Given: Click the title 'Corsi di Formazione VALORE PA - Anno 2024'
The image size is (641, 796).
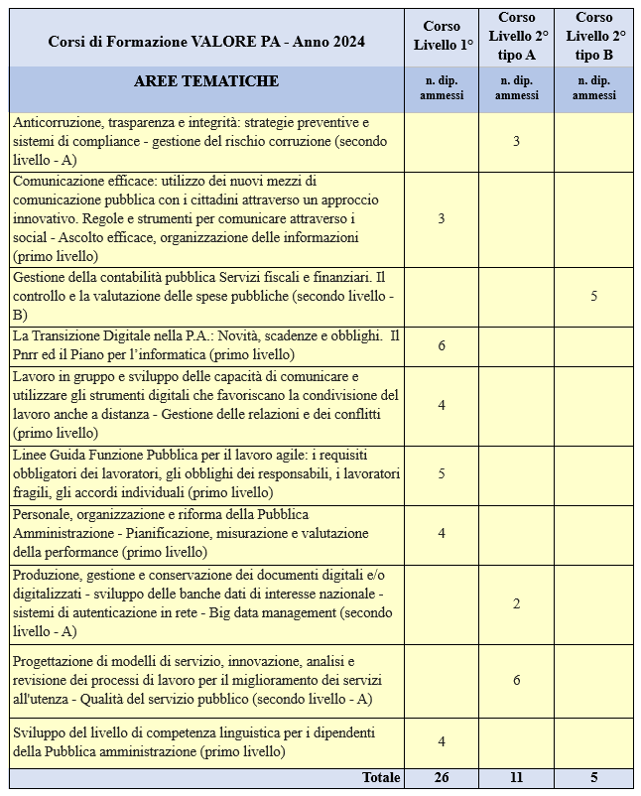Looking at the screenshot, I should pyautogui.click(x=206, y=41).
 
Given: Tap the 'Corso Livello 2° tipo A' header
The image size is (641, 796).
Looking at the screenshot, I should pyautogui.click(x=516, y=37).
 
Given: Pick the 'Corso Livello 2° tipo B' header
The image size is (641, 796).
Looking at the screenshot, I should pyautogui.click(x=593, y=37).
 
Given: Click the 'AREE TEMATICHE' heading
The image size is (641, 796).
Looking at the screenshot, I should pyautogui.click(x=206, y=81).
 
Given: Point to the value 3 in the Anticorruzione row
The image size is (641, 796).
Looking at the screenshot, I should pyautogui.click(x=516, y=142).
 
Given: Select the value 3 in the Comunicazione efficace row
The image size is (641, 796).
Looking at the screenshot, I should pyautogui.click(x=441, y=218).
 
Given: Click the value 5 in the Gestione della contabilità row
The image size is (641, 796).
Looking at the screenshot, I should pyautogui.click(x=593, y=296).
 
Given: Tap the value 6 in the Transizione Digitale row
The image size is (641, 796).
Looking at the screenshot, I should pyautogui.click(x=441, y=345).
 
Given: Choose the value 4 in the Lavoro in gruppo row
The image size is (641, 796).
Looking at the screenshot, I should pyautogui.click(x=441, y=405).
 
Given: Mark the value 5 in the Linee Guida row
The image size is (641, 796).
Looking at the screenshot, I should pyautogui.click(x=441, y=474).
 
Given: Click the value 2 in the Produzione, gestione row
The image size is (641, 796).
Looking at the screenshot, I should pyautogui.click(x=516, y=603).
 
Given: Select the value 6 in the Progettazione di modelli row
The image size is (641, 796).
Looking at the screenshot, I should pyautogui.click(x=516, y=680).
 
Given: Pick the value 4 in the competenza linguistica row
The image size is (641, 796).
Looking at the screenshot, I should pyautogui.click(x=441, y=741).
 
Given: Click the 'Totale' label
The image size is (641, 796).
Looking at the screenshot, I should pyautogui.click(x=381, y=778).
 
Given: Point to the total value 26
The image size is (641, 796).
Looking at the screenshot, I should pyautogui.click(x=441, y=778).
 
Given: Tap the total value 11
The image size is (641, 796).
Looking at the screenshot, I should pyautogui.click(x=516, y=778).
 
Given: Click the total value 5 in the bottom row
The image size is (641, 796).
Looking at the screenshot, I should pyautogui.click(x=593, y=778).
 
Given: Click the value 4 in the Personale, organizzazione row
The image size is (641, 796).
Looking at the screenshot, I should pyautogui.click(x=441, y=533).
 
